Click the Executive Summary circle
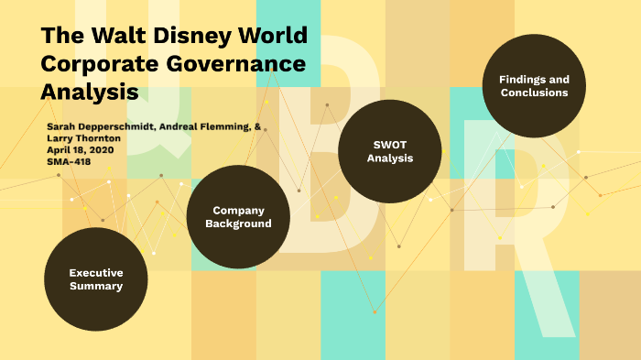96,279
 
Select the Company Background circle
238,217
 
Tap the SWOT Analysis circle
390,151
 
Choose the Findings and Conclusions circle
534,86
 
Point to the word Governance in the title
233,64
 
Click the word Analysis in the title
89,92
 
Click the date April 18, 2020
83,149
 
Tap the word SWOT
390,144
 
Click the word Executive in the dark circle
96,273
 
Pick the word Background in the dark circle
238,224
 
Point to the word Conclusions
534,93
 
